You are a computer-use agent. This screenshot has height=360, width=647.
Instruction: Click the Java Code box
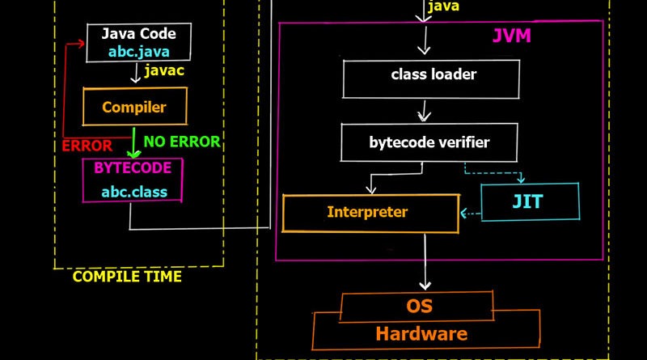click(x=138, y=42)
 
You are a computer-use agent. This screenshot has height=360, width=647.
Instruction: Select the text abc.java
click(x=138, y=52)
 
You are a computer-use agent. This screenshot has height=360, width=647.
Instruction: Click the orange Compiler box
click(x=134, y=107)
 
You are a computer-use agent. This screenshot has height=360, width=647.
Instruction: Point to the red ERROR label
click(x=87, y=146)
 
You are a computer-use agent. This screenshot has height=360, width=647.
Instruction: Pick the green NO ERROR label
click(x=181, y=142)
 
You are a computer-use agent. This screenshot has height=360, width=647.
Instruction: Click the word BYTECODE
click(x=133, y=167)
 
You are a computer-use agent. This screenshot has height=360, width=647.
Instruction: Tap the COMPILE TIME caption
click(x=127, y=277)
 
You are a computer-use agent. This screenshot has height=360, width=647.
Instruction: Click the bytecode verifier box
click(x=429, y=142)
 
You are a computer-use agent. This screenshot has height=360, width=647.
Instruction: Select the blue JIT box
click(x=530, y=202)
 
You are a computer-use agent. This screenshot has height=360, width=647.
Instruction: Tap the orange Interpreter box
click(x=368, y=213)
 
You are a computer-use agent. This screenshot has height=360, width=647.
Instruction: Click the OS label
click(x=418, y=307)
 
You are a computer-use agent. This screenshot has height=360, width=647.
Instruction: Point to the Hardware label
click(x=421, y=332)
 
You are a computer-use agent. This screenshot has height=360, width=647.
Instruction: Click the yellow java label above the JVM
click(x=444, y=6)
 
